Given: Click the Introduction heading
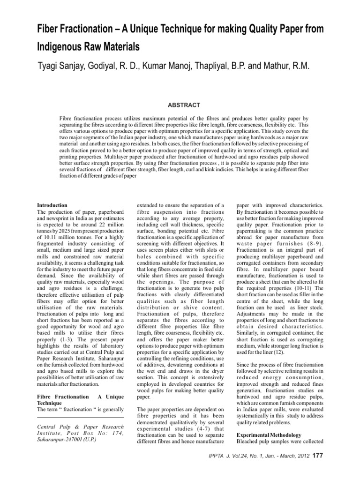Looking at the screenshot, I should [52, 205].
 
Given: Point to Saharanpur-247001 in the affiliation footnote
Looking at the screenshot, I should [59, 442].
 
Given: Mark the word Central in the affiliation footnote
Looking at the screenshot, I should [46, 427].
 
